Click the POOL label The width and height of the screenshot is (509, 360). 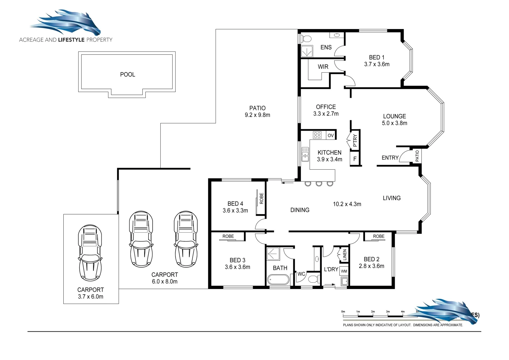tap(127, 74)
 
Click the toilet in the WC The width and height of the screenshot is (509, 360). tap(313, 279)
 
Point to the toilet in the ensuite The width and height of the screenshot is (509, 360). tap(305, 38)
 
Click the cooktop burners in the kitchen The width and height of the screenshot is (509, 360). tap(317, 135)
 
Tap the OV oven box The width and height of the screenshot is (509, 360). tap(331, 135)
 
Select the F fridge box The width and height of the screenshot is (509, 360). tap(355, 159)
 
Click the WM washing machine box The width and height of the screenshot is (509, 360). tap(344, 271)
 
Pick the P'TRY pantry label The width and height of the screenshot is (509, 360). tap(355, 140)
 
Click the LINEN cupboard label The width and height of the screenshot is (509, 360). tap(345, 255)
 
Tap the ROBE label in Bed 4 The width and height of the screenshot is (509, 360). tap(261, 198)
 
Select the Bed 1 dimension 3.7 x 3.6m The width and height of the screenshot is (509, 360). tap(377, 64)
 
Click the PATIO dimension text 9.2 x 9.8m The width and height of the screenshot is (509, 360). tap(257, 115)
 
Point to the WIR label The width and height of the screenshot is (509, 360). tap(323, 67)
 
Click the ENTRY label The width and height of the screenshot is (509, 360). tap(390, 158)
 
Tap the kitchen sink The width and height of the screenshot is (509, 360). tap(305, 154)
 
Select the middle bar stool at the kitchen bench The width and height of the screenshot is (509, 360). tap(319, 183)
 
